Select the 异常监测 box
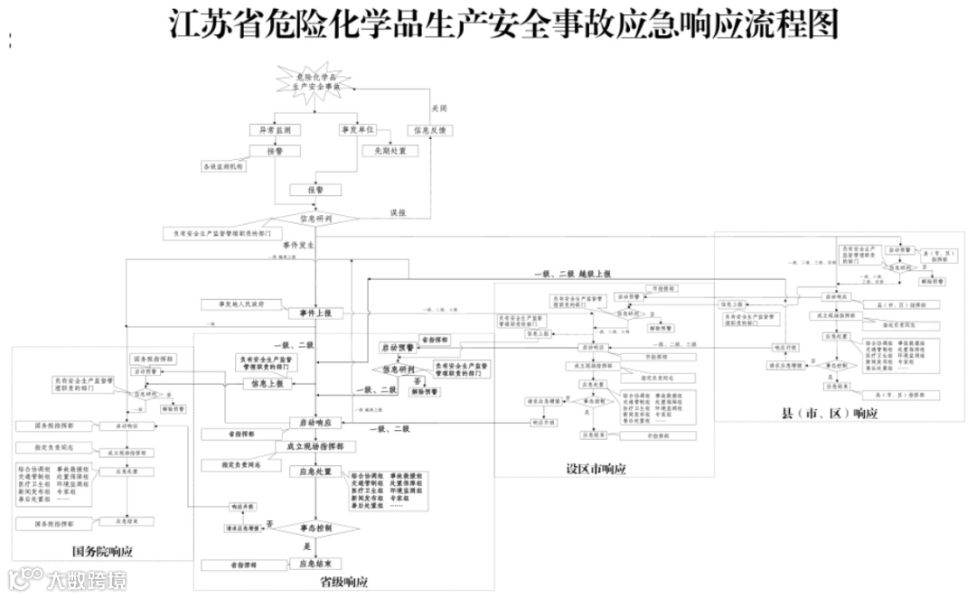(275, 130)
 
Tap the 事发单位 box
(357, 130)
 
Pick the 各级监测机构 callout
(223, 167)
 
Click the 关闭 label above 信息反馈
(439, 107)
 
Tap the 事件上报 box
(316, 313)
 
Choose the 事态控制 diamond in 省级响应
(316, 527)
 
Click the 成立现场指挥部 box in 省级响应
(316, 447)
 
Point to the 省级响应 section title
(343, 581)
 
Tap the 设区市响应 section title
(596, 469)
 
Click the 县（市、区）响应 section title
(829, 413)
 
